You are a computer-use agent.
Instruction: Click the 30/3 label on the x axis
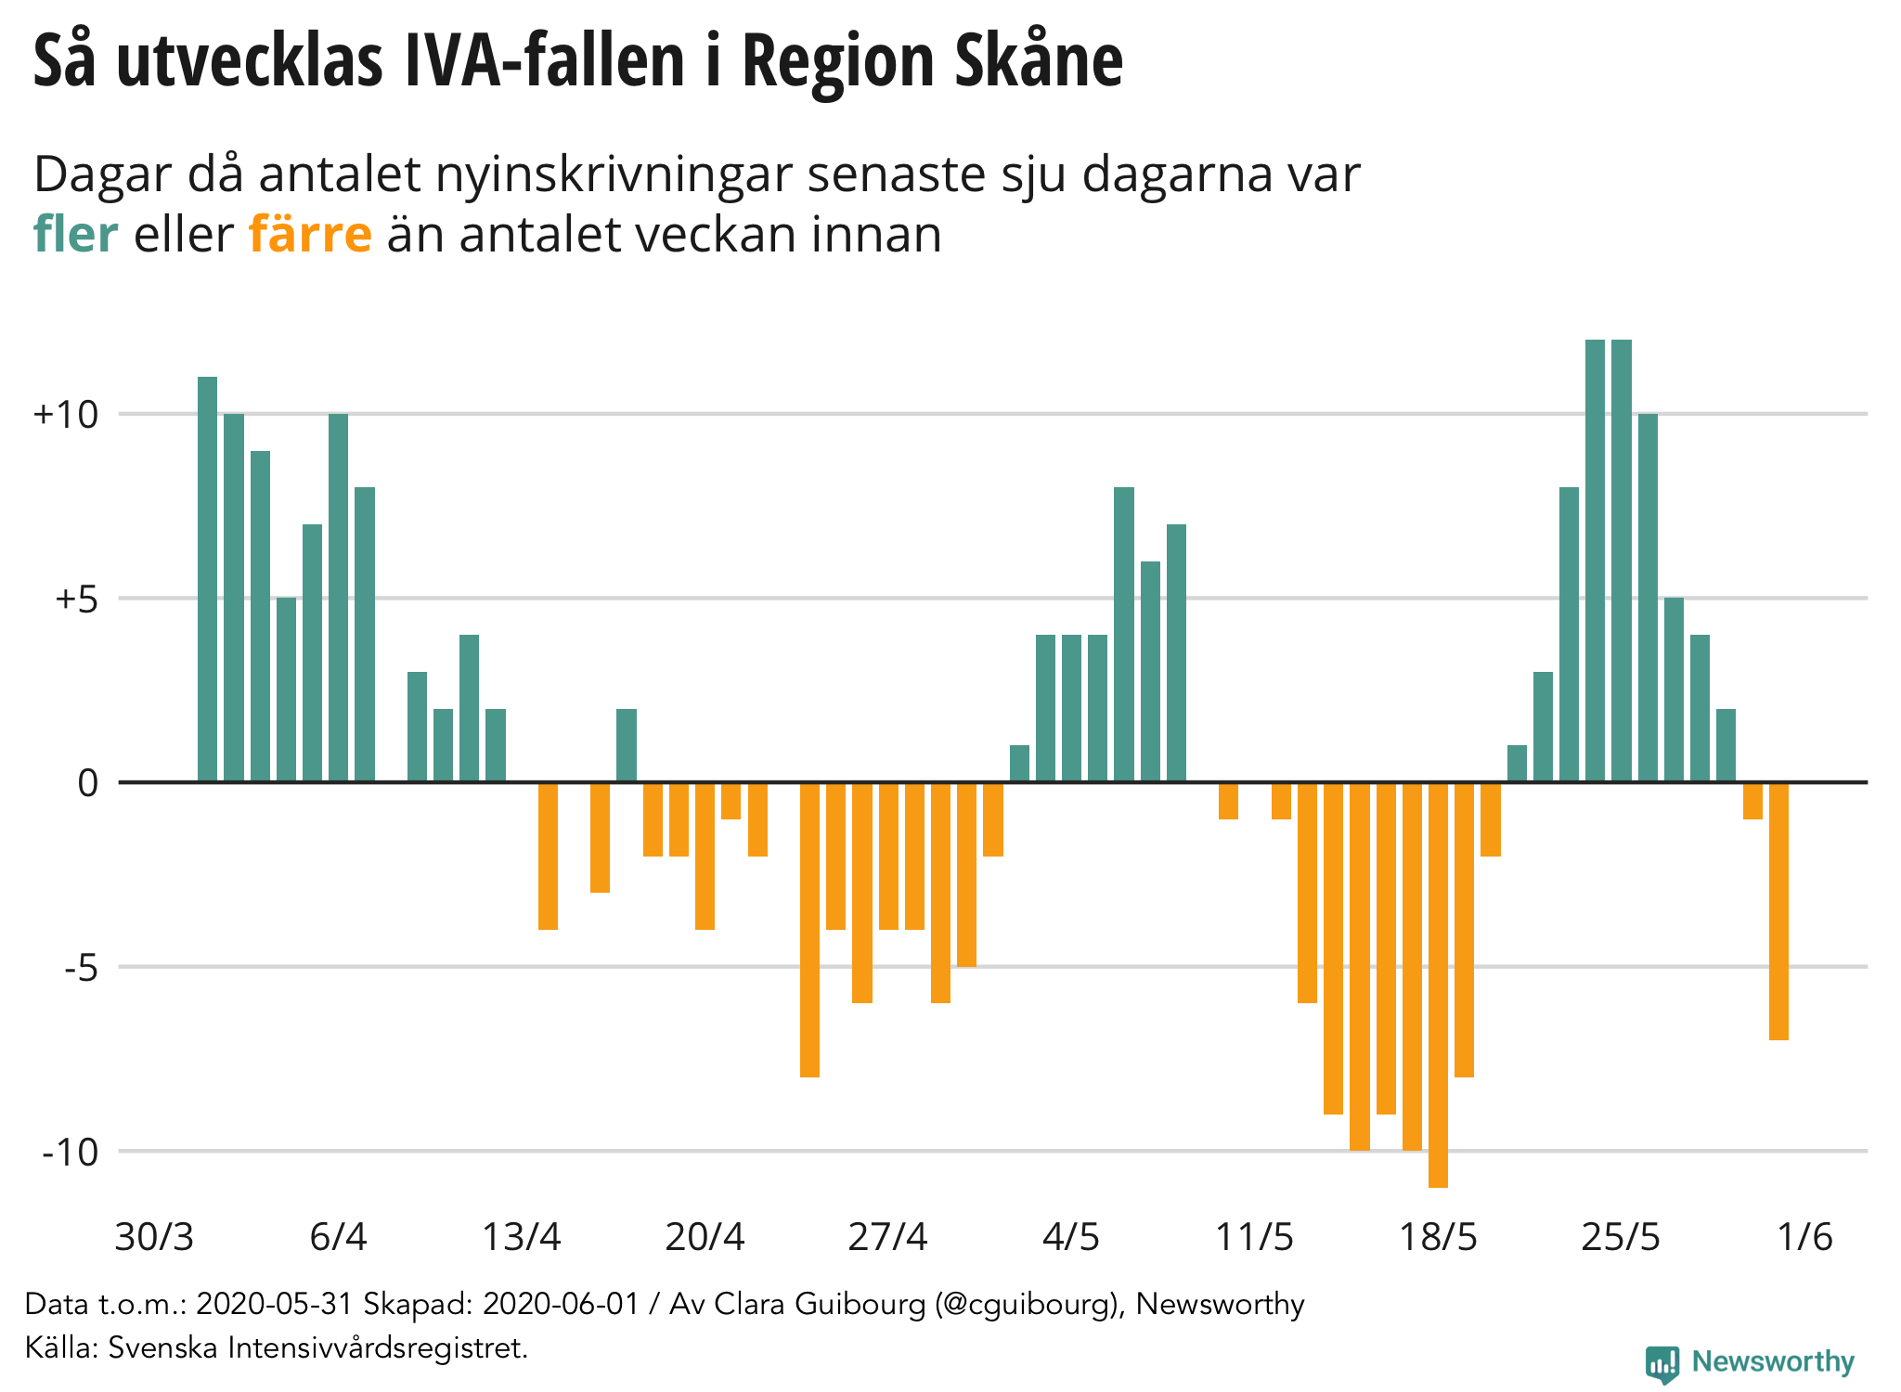coord(154,1237)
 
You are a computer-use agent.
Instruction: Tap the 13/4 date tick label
coord(522,1237)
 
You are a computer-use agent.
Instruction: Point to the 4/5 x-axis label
coord(1071,1237)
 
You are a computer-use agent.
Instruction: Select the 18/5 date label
coord(1438,1237)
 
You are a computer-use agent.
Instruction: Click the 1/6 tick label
coord(1804,1237)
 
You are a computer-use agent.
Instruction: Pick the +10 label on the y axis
coord(66,415)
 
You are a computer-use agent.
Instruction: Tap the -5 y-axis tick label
coord(81,968)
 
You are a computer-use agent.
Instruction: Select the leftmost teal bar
coord(207,580)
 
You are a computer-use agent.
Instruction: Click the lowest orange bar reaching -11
coord(1438,984)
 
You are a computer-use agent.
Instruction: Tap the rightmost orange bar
coord(1778,911)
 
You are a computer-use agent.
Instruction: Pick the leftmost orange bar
coord(548,856)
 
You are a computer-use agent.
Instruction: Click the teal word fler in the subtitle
coord(75,234)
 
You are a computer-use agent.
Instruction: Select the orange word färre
coord(310,234)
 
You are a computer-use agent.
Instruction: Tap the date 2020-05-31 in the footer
coord(275,1305)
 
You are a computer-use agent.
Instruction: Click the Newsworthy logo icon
coord(1662,1363)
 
